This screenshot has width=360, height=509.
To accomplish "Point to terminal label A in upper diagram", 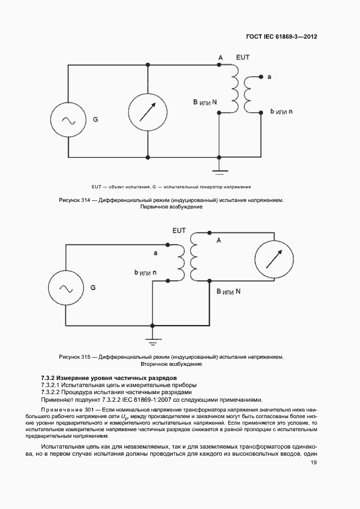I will (x=220, y=57).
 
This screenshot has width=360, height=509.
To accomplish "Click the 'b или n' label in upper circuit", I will (x=281, y=112).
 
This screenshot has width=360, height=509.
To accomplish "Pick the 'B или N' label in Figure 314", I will (x=205, y=102).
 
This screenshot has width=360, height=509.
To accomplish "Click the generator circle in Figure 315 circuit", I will (x=66, y=288).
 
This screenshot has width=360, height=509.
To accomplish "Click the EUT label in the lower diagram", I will (x=179, y=231).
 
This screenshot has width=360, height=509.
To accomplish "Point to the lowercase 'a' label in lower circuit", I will (x=155, y=253).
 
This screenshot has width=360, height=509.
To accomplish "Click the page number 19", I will (x=314, y=463).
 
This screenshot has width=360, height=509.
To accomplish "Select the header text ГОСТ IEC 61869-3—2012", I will (x=278, y=37).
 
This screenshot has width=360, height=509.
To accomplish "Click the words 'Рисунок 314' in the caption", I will (x=74, y=200).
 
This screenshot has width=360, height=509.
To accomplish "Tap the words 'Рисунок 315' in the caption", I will (x=74, y=357).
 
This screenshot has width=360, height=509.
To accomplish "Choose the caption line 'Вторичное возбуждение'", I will (x=172, y=364).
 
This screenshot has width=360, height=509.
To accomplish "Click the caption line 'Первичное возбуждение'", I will (x=171, y=207).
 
